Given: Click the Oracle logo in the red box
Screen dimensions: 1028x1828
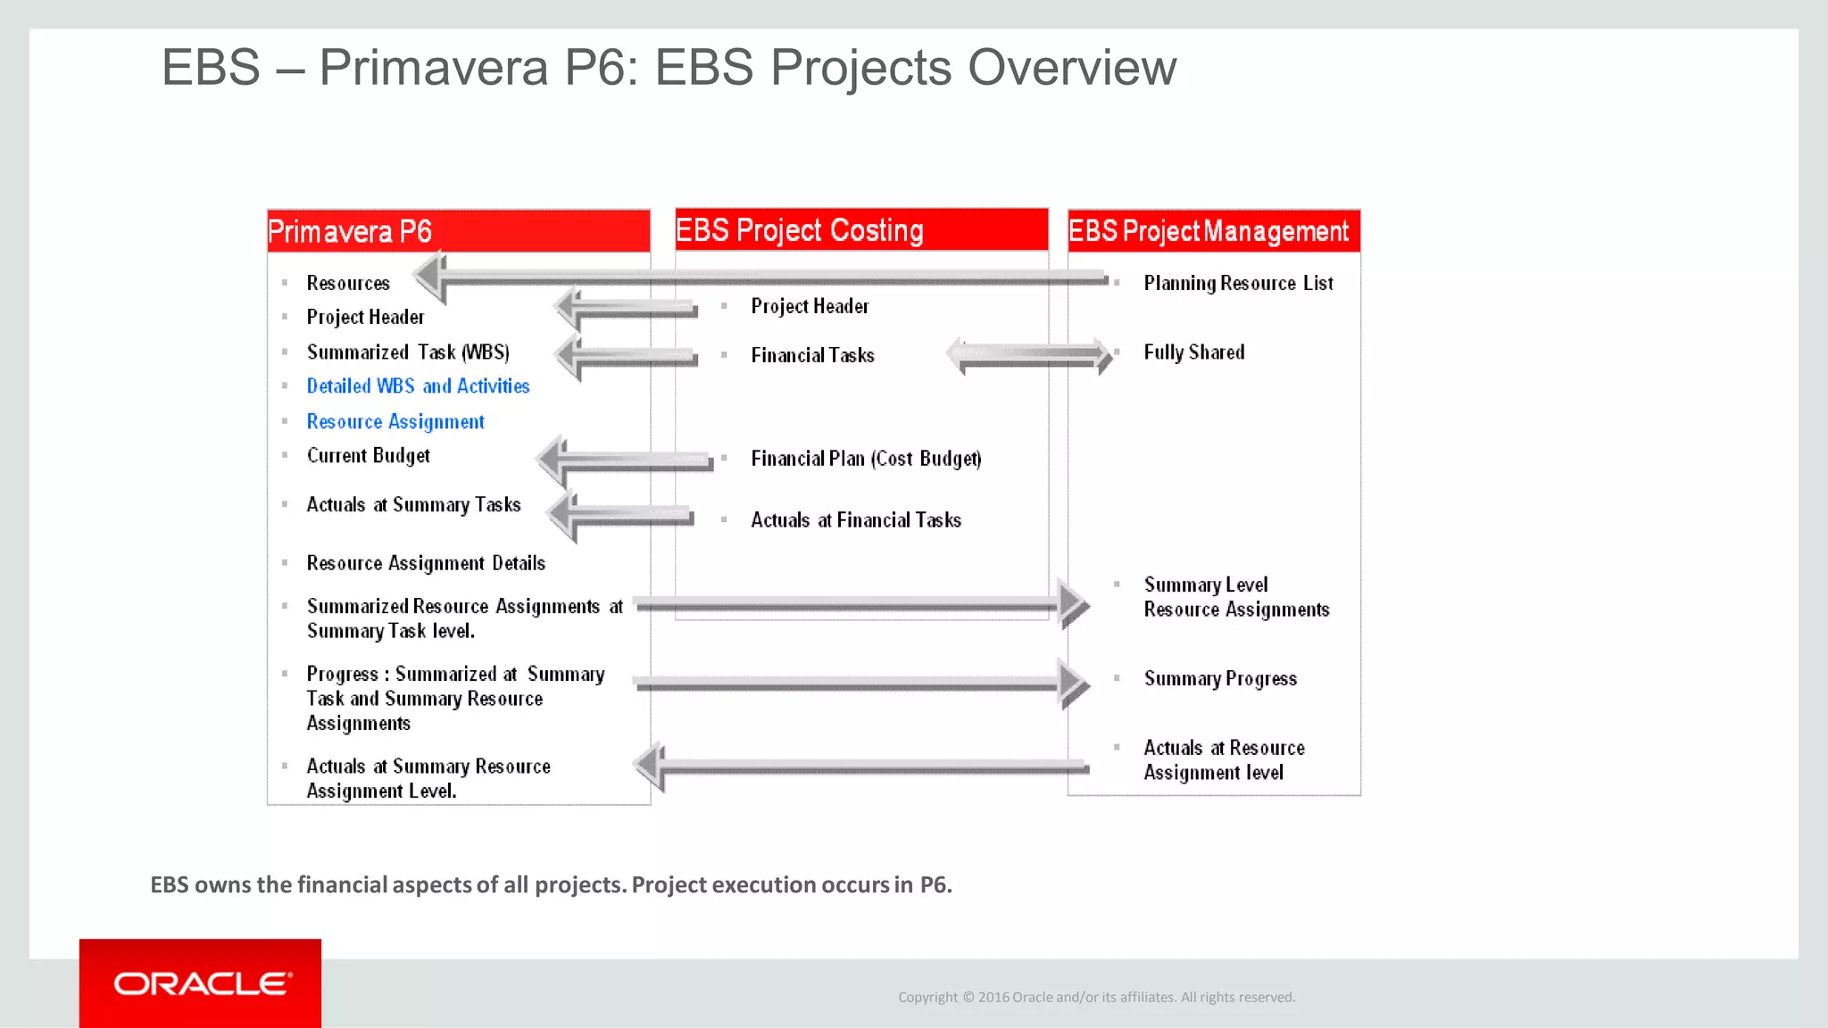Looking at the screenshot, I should coord(203,983).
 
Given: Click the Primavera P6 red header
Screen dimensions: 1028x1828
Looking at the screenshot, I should coord(458,231).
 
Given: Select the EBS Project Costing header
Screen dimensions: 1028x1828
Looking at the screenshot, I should coord(860,230).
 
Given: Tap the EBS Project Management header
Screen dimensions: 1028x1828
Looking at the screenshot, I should coord(1213,231).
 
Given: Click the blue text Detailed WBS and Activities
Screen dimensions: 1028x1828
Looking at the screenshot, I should coord(418,386).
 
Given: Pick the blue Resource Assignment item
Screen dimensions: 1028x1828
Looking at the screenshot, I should coord(395,421).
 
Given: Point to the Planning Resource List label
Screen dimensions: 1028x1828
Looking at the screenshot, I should coord(1238,284).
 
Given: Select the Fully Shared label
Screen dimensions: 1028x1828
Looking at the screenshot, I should coord(1193,352).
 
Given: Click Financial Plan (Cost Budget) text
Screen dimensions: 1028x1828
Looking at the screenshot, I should coord(865,459).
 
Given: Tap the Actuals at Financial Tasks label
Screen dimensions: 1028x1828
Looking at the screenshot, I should coord(855,520).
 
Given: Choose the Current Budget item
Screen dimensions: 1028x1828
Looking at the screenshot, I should coord(368,456).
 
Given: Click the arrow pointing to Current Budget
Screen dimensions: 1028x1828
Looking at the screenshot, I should coord(625,460).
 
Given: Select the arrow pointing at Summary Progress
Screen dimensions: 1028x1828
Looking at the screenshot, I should coord(857,684).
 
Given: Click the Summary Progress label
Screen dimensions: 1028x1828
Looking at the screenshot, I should coord(1219,679).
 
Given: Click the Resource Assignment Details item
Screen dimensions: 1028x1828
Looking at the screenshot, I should coord(425,564).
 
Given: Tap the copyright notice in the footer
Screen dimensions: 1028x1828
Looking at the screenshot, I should coord(1096,998).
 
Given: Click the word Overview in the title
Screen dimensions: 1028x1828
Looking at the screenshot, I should coord(1071,68).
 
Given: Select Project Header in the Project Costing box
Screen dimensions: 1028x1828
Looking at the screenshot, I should coord(809,307).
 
